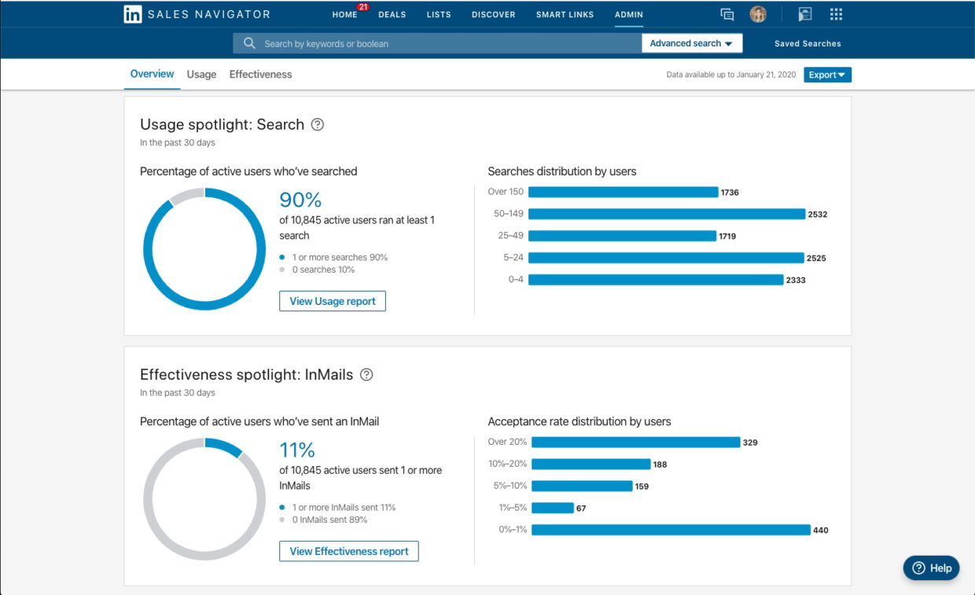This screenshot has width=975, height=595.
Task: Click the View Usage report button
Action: pos(333,301)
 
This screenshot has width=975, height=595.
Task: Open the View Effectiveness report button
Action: pos(349,551)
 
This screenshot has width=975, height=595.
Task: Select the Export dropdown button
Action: pos(827,75)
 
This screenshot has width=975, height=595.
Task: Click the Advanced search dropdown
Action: pos(691,43)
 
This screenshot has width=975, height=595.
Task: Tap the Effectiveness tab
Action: pos(260,75)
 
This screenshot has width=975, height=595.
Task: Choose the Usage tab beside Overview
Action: pos(201,75)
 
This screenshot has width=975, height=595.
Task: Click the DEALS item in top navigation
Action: pos(392,15)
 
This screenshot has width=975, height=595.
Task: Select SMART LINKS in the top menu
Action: pos(565,15)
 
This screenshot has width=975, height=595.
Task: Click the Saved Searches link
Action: pos(808,44)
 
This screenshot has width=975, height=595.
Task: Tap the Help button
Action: pos(932,568)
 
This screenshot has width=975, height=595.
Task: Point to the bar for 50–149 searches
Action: pos(667,214)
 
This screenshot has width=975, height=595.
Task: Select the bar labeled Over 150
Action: pos(623,192)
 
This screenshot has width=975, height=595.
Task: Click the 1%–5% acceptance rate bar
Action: pos(553,508)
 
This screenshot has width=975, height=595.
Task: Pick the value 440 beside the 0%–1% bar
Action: pos(821,531)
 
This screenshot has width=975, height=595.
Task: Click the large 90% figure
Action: pos(300,200)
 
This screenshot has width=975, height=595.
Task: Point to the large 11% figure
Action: pos(297,450)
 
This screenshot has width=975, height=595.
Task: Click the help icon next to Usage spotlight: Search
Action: pos(318,124)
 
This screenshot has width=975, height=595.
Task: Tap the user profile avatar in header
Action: pos(758,14)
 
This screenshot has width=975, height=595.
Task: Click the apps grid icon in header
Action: pos(836,14)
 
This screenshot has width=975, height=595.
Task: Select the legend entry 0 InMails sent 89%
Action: pos(329,520)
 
